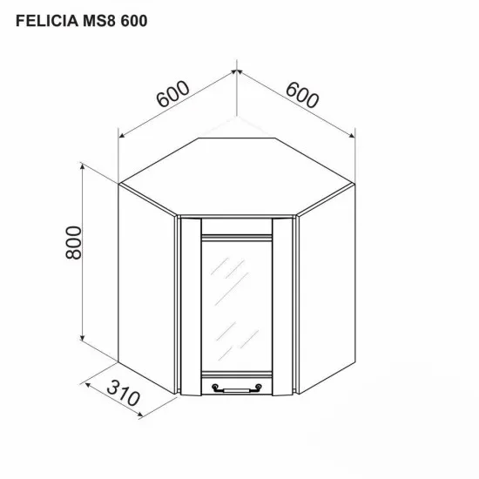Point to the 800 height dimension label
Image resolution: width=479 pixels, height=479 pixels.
[x=72, y=243]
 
